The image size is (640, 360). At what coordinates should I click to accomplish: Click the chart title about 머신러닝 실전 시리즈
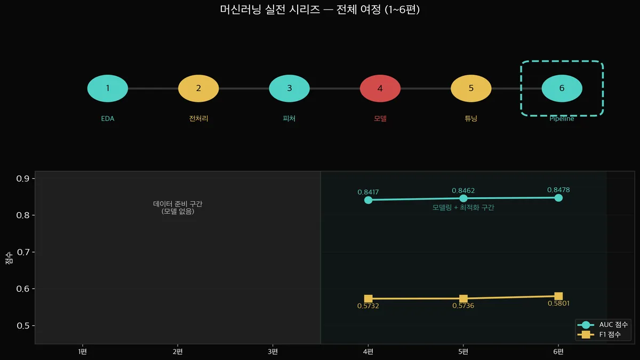click(320, 10)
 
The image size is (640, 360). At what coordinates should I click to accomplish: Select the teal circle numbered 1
click(108, 89)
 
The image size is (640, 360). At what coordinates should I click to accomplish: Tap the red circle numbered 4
click(380, 89)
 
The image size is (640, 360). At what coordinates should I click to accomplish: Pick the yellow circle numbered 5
click(471, 89)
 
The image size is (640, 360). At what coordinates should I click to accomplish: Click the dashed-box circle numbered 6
click(562, 89)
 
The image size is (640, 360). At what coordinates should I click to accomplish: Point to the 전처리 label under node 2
click(198, 118)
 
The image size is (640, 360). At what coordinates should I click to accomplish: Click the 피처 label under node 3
click(289, 118)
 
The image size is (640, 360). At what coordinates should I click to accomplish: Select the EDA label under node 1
click(108, 118)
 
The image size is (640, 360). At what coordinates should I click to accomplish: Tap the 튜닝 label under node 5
click(471, 118)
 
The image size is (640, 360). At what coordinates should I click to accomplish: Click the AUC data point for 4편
click(368, 200)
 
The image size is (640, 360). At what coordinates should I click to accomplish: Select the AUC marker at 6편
click(558, 198)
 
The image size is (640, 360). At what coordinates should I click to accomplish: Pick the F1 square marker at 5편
click(463, 299)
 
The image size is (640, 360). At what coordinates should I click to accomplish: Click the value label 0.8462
click(463, 190)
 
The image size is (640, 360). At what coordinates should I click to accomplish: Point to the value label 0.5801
click(558, 303)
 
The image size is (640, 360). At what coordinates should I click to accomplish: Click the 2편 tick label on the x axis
click(178, 351)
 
